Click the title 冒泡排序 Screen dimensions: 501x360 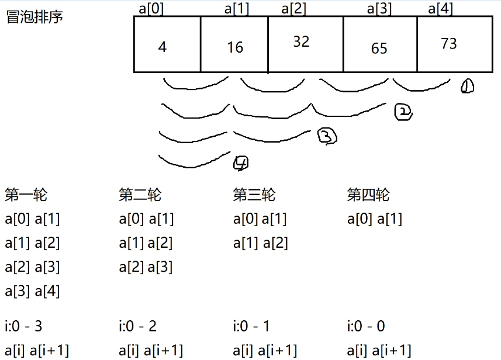34,17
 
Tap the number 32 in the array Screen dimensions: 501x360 301,41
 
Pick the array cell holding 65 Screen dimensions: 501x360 379,49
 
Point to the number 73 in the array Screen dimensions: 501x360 449,44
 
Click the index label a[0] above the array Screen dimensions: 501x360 151,8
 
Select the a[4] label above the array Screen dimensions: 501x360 440,8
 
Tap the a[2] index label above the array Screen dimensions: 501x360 293,8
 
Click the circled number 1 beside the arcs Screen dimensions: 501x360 467,87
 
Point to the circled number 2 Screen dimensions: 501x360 403,112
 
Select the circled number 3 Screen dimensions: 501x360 327,137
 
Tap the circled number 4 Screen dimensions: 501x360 240,164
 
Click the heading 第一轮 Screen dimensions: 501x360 26,194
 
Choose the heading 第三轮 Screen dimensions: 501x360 254,194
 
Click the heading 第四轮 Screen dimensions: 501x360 368,194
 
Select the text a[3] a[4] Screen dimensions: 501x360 32,290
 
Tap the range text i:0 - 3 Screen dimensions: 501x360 23,326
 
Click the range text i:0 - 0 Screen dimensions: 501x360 366,326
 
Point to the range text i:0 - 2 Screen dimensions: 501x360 138,326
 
